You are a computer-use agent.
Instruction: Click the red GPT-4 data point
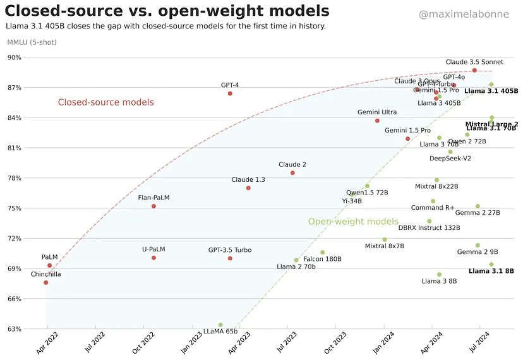(x=230, y=93)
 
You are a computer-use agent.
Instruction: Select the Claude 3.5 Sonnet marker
(x=474, y=70)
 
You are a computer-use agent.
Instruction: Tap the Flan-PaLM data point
(x=153, y=207)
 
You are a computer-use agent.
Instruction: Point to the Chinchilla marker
(x=46, y=282)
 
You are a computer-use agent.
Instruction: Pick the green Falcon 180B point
(x=322, y=253)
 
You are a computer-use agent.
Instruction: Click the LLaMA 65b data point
(x=220, y=325)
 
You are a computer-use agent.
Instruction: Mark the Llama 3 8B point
(x=439, y=275)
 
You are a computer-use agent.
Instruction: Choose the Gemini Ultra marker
(x=377, y=121)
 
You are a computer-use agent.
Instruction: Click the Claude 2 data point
(x=292, y=173)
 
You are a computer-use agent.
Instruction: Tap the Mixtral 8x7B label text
(x=384, y=246)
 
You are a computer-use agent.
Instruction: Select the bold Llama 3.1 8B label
(x=491, y=272)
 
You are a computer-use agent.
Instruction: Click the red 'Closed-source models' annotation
(x=105, y=102)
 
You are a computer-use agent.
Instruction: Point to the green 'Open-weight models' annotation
(x=353, y=222)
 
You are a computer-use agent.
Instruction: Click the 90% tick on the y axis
(x=14, y=57)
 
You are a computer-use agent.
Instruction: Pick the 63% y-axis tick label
(x=14, y=329)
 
